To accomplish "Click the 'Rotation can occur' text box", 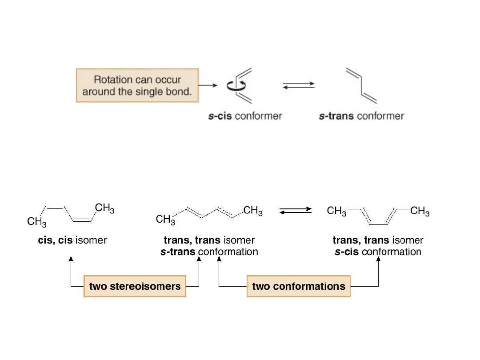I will (x=137, y=85).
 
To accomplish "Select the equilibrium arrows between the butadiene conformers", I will (x=299, y=85).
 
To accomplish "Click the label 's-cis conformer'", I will (x=245, y=116).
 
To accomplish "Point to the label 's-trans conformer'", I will (x=361, y=116).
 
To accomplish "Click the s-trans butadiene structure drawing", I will (x=361, y=85).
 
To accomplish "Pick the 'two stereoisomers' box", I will (x=135, y=286).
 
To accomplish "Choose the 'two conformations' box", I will (x=298, y=286).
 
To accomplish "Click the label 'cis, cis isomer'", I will (x=72, y=240).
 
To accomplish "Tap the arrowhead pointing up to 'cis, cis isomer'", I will (x=71, y=259).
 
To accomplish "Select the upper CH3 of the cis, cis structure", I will (x=104, y=208).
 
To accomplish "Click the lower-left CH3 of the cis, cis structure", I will (x=36, y=221).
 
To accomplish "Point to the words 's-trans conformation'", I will (x=209, y=252).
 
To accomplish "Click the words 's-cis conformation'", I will (x=378, y=252).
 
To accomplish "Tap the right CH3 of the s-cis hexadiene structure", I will (x=420, y=211).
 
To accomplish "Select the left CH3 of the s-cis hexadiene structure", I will (x=336, y=211).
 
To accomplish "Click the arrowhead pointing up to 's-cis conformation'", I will (x=379, y=259).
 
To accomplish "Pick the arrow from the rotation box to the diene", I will (x=208, y=85).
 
